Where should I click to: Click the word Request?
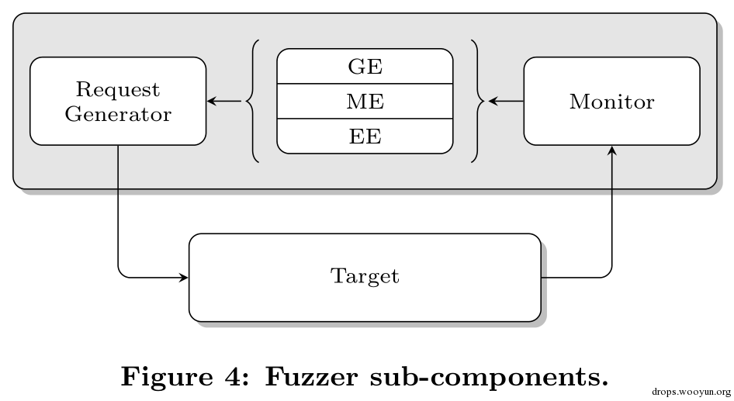click(118, 90)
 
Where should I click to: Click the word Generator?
click(118, 114)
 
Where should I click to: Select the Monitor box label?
click(612, 102)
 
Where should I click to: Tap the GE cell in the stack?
click(365, 66)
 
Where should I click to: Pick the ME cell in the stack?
click(365, 102)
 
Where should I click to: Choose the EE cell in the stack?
click(365, 137)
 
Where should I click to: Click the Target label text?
click(365, 276)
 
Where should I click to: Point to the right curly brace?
click(481, 101)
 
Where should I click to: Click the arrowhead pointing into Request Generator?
click(211, 101)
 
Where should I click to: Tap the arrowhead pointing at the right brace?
click(493, 101)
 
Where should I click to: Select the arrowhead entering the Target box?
click(183, 278)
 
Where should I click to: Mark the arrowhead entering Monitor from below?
click(612, 150)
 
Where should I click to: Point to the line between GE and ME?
click(365, 84)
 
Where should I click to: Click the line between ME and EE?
click(365, 119)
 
